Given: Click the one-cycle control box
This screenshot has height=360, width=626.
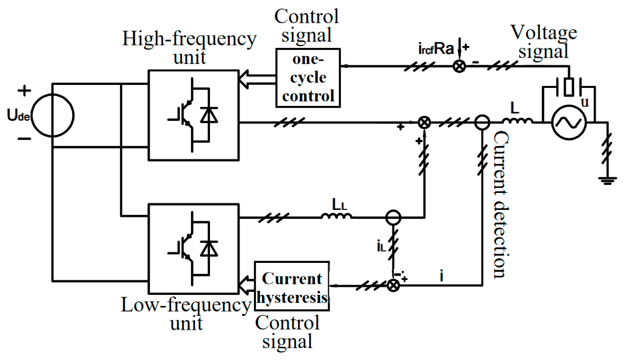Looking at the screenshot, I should click(x=308, y=78).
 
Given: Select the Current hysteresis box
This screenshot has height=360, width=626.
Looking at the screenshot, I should click(x=292, y=286).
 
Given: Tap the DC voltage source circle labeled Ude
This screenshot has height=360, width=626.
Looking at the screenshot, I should click(x=53, y=115).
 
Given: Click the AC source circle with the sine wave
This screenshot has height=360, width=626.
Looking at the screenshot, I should click(x=569, y=123).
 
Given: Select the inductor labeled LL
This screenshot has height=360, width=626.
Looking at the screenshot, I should click(x=336, y=215).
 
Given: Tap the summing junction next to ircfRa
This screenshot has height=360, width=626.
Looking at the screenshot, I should click(x=459, y=66).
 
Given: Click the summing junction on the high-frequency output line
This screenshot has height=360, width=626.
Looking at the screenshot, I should click(x=424, y=122).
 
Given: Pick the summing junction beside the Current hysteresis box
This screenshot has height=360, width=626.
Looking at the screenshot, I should click(x=393, y=285).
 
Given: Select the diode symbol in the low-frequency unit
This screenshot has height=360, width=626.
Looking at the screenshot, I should click(x=209, y=249).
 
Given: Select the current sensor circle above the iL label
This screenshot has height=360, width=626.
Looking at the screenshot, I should click(x=393, y=217).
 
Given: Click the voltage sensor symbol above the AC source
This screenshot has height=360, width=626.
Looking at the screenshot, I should click(x=569, y=87).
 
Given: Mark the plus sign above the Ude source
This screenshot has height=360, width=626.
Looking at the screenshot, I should click(x=24, y=91).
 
